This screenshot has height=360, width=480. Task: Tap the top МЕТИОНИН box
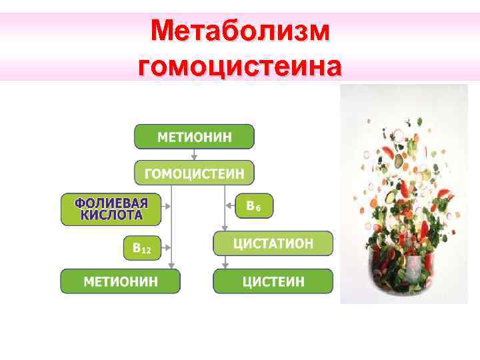[x=194, y=137]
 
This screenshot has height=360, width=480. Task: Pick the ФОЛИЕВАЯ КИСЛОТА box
[x=111, y=209]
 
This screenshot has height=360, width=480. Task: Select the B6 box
[x=254, y=207]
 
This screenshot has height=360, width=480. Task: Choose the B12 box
[x=142, y=248]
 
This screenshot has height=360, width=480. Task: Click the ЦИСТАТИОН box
[x=272, y=243]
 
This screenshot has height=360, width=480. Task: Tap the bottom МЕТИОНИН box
[x=120, y=281]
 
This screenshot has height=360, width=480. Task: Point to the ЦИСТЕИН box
[x=272, y=281]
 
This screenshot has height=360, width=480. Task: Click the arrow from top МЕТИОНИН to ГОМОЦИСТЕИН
[x=194, y=155]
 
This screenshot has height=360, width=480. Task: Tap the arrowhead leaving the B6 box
[x=228, y=207]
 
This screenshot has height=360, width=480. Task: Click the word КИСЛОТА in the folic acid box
[x=111, y=215]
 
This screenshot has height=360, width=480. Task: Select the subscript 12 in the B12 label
[x=147, y=251]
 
